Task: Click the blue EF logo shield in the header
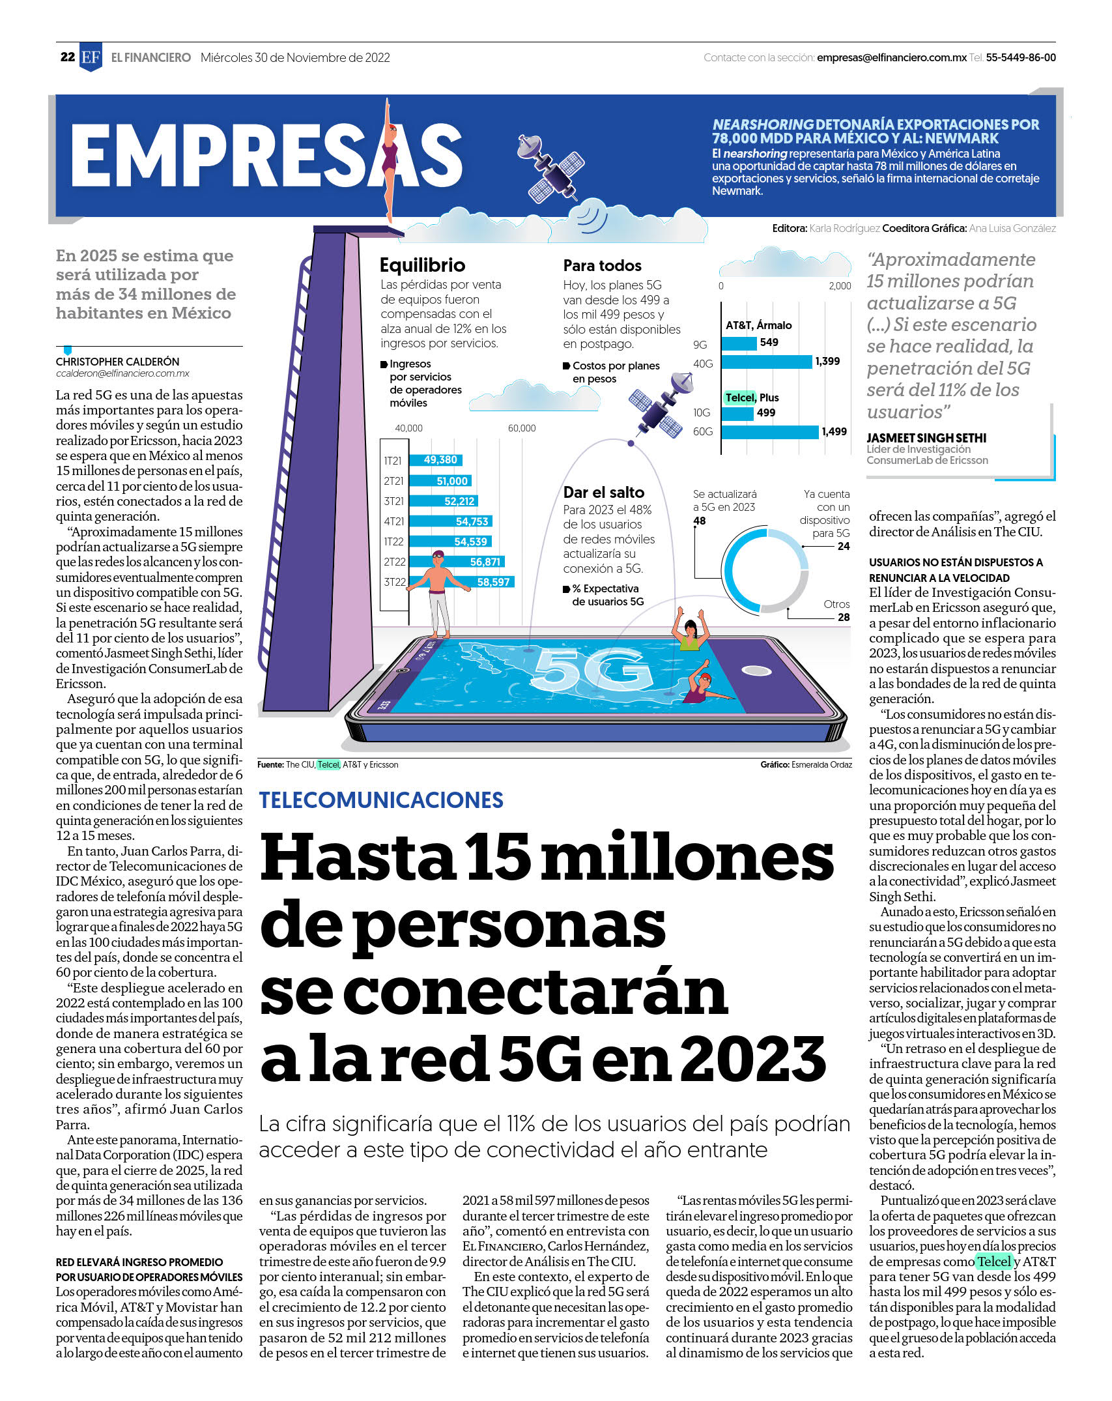pos(91,57)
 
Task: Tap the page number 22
pos(68,57)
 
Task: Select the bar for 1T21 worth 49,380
pos(436,460)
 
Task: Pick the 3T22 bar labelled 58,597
pos(462,582)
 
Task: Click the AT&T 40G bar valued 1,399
pos(767,362)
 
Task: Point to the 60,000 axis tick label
pos(522,428)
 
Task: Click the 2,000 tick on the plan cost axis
pos(840,286)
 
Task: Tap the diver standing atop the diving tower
pos(389,163)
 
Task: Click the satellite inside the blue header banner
pos(550,167)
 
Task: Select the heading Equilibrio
pos(422,265)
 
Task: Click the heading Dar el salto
pos(604,493)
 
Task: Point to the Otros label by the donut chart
pos(836,604)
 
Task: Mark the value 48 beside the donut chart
pos(700,521)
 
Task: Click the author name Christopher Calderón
pos(117,362)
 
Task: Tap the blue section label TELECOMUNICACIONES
pos(381,800)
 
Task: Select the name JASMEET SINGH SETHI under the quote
pos(926,438)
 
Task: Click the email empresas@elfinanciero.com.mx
pos(892,57)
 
